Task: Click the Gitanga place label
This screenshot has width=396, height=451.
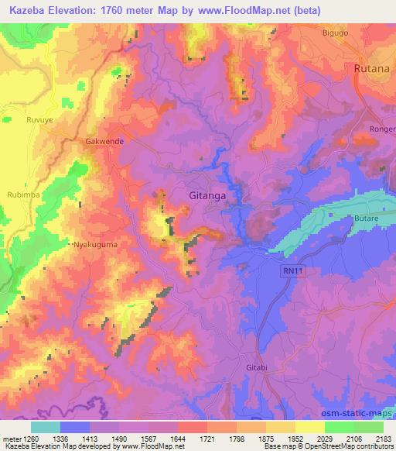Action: click(x=207, y=197)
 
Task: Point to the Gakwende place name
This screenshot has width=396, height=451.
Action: click(x=104, y=143)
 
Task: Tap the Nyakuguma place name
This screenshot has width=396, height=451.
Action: click(x=98, y=243)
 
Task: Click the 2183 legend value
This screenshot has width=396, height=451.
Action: click(x=383, y=438)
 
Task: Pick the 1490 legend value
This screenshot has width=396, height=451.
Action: click(x=120, y=438)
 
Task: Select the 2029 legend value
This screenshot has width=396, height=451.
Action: click(x=324, y=438)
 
